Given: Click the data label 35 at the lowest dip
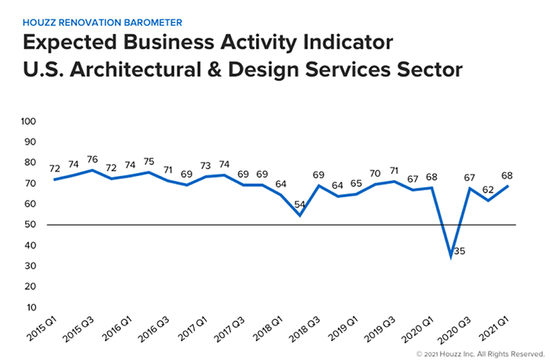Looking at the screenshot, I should click(460, 252).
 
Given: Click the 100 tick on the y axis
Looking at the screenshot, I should click(28, 122).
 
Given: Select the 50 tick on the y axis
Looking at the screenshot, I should click(31, 225).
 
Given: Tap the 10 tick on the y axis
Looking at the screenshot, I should click(31, 307).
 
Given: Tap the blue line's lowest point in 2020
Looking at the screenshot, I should click(451, 256).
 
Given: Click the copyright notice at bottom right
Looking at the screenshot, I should click(479, 353).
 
